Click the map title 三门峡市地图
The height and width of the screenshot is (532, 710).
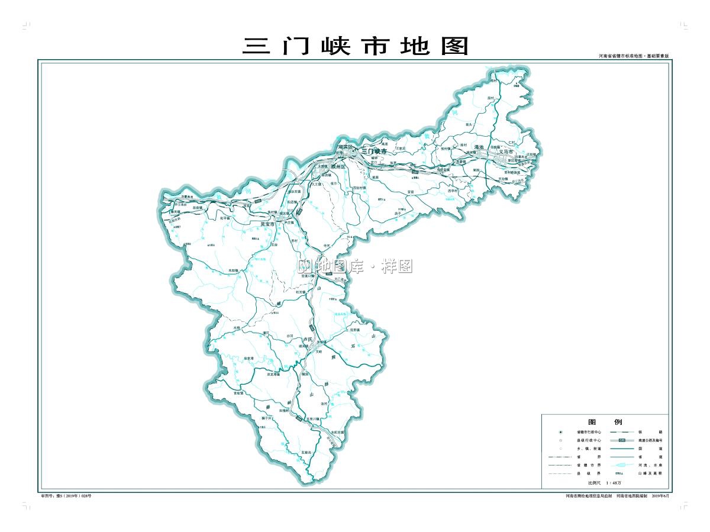[x=355, y=46]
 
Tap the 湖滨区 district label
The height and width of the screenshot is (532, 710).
[x=344, y=147]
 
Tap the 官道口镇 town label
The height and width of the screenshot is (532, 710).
[x=308, y=275]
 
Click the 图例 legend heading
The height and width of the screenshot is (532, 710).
[x=605, y=422]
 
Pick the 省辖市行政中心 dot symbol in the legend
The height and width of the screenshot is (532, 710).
[x=560, y=432]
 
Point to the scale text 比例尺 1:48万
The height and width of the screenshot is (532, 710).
[x=605, y=483]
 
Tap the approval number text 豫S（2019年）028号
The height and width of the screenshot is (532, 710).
[x=66, y=496]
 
